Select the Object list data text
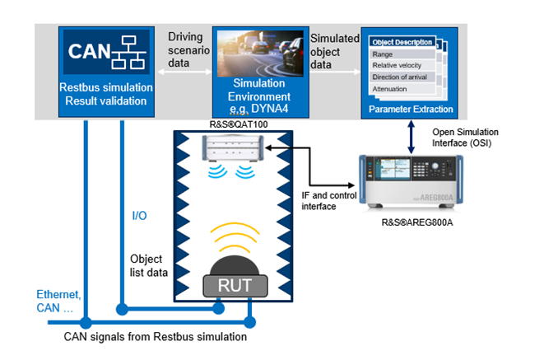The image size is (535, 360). tap(151, 265)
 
